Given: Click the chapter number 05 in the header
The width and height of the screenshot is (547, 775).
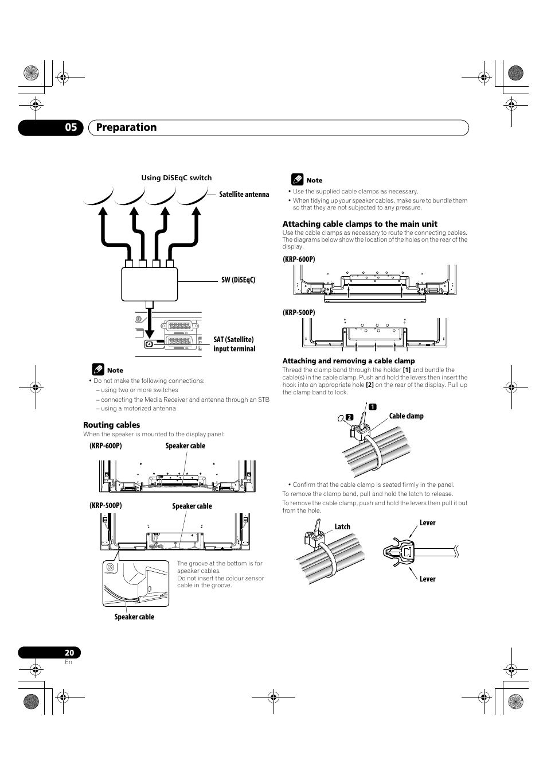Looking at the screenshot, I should click(x=70, y=127).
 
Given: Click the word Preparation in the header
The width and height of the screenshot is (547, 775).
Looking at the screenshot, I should click(x=126, y=127).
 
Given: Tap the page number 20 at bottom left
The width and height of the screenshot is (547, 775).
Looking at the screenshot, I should click(x=69, y=653).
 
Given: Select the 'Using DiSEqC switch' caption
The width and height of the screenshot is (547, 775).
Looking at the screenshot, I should click(x=177, y=178).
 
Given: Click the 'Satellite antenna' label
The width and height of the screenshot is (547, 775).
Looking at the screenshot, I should click(x=244, y=195).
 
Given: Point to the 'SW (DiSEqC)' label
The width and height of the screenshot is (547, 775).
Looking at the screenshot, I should click(x=238, y=280).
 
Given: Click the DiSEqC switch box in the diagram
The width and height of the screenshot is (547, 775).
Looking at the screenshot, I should click(x=149, y=284).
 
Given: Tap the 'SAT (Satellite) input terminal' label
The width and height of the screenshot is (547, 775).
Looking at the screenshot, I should click(x=234, y=344).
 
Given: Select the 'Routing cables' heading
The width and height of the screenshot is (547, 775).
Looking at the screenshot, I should click(x=112, y=425).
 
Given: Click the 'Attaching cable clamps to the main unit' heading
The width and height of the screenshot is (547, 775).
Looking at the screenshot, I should click(x=360, y=224).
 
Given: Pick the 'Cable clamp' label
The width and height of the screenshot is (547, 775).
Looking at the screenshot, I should click(x=406, y=416).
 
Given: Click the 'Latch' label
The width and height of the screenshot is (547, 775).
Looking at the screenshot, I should click(x=342, y=527).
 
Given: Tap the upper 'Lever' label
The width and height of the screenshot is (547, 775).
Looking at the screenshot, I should click(x=427, y=523).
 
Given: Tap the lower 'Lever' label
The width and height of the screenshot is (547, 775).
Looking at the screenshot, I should click(x=427, y=579).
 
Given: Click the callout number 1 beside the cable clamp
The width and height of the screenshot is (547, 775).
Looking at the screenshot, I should click(x=372, y=407).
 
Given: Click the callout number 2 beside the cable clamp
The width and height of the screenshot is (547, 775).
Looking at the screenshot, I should click(x=348, y=417).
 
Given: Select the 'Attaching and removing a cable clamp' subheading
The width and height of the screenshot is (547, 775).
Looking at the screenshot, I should click(x=348, y=361).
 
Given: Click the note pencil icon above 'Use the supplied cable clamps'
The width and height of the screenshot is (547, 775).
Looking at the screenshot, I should click(x=296, y=180).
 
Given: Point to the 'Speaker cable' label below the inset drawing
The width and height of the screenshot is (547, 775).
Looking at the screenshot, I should click(x=134, y=617).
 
